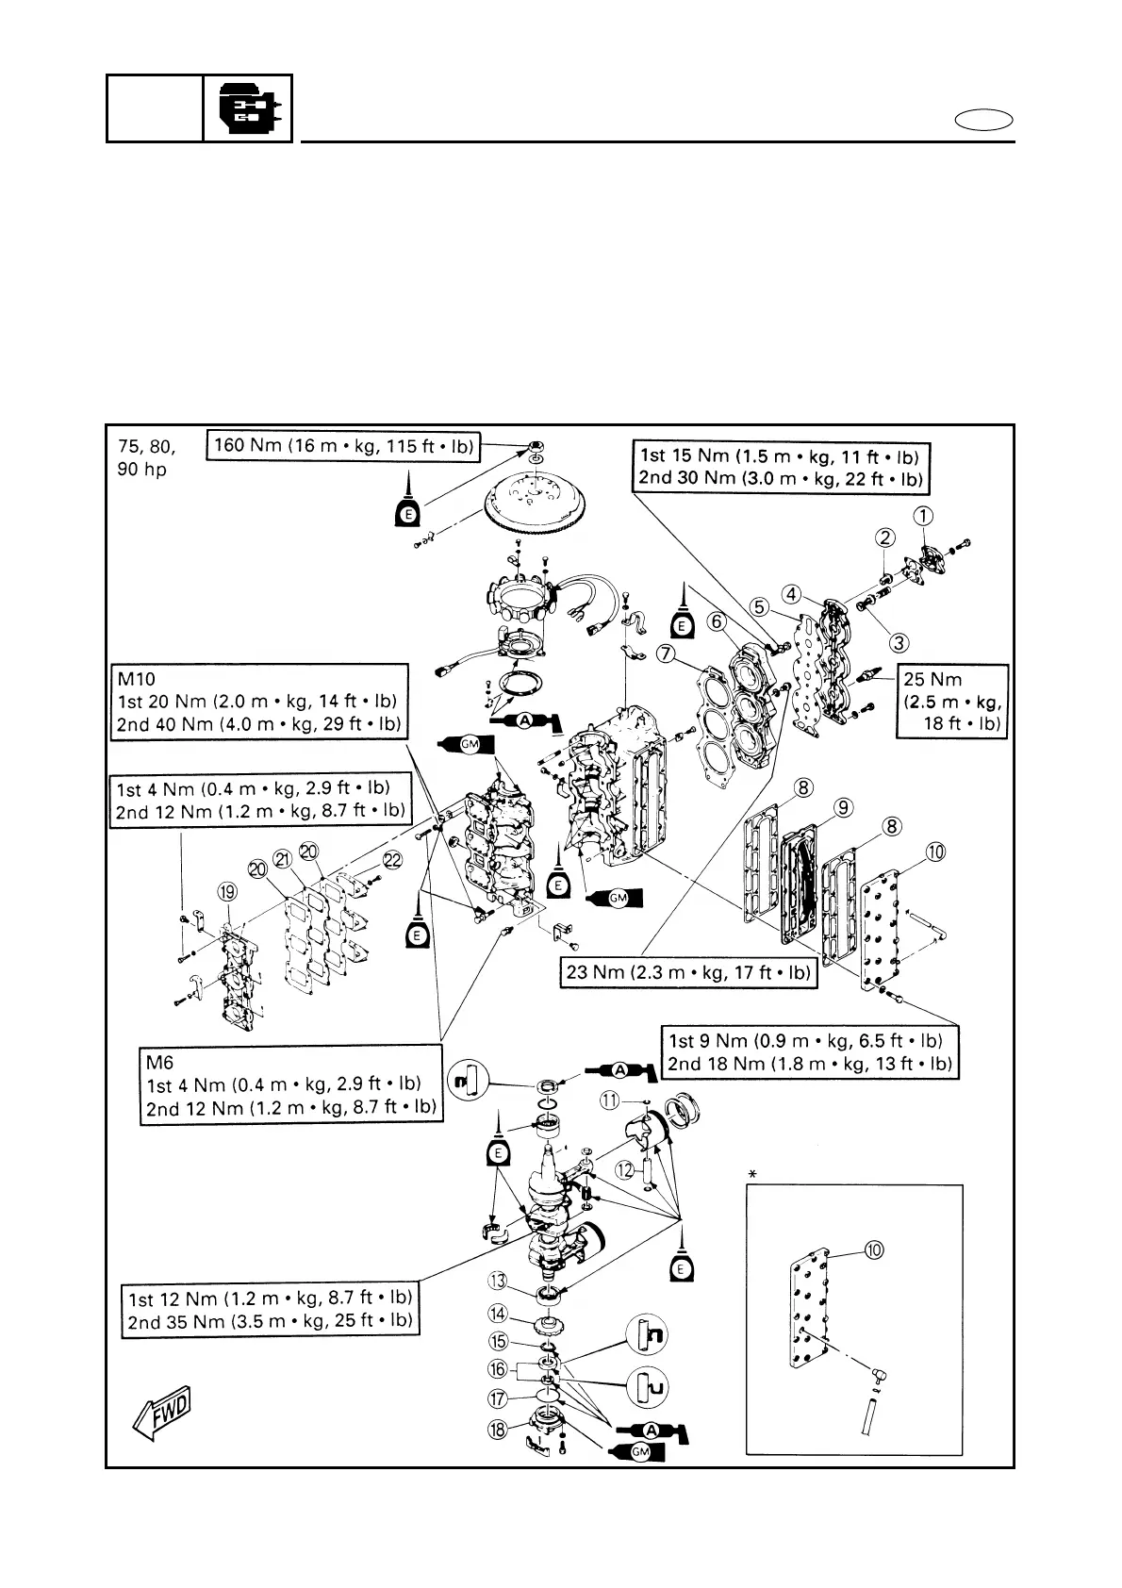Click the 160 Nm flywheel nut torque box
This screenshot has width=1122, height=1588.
pyautogui.click(x=343, y=445)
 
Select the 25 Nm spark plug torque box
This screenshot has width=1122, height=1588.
pyautogui.click(x=951, y=702)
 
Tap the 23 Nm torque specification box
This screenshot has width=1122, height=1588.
pyautogui.click(x=688, y=972)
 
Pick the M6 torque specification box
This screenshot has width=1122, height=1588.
pyautogui.click(x=291, y=1084)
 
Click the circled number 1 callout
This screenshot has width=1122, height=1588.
pyautogui.click(x=924, y=515)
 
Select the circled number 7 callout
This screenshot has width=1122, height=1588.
pyautogui.click(x=668, y=653)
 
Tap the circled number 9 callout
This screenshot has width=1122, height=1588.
pyautogui.click(x=844, y=807)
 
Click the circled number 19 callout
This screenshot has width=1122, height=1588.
pyautogui.click(x=227, y=892)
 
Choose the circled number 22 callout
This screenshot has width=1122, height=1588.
pyautogui.click(x=392, y=859)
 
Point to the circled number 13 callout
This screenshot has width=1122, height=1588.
pyautogui.click(x=498, y=1280)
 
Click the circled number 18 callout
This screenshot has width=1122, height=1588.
pyautogui.click(x=498, y=1430)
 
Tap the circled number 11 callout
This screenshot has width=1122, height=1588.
pyautogui.click(x=610, y=1100)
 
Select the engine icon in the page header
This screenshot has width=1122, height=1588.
pyautogui.click(x=247, y=108)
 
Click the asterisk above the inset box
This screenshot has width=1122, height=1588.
pyautogui.click(x=752, y=1174)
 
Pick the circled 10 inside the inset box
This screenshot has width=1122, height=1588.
pyautogui.click(x=874, y=1249)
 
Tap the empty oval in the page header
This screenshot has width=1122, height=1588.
pyautogui.click(x=983, y=121)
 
